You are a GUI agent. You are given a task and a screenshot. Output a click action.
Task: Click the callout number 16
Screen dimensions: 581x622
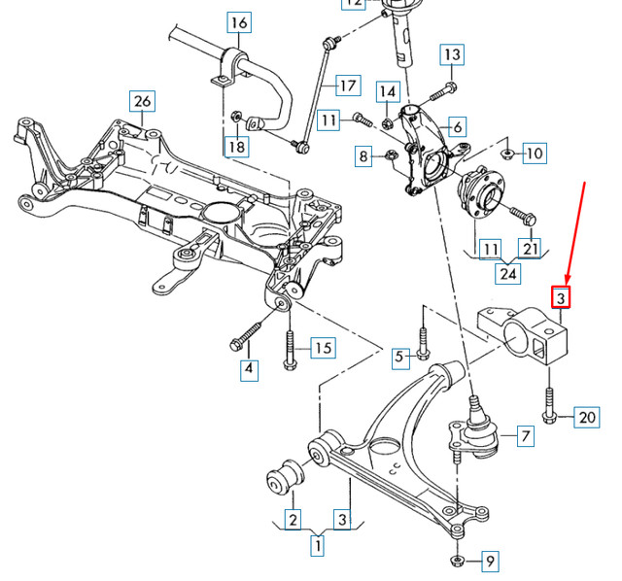point(239,21)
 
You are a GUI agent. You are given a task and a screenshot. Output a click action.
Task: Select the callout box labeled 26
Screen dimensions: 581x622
point(143,100)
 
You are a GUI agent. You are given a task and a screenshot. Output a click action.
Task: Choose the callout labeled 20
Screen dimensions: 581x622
point(587,418)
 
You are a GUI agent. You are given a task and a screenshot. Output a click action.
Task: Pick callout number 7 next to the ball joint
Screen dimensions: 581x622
point(524,436)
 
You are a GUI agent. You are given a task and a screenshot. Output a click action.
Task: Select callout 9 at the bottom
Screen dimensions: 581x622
point(490,561)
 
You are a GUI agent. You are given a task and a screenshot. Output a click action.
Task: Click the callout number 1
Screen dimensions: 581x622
point(316,546)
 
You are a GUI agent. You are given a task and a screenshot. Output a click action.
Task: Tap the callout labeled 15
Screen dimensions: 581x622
point(322,347)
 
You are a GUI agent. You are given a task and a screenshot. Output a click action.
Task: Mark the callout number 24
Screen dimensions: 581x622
point(508,274)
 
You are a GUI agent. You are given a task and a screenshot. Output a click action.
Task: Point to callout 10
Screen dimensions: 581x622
point(536,153)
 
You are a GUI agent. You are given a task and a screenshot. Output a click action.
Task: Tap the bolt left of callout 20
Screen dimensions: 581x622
point(550,405)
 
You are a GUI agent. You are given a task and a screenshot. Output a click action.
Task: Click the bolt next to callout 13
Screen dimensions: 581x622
point(437,93)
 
